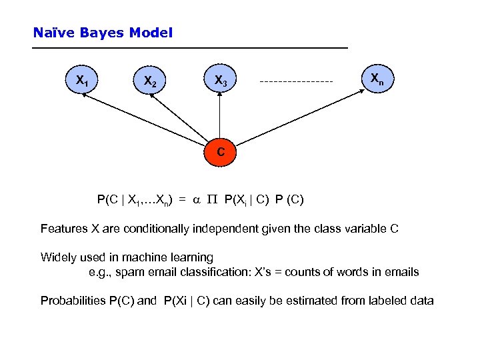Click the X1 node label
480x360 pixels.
pos(82,81)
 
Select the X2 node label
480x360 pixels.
pos(150,82)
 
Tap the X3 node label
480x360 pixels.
pos(220,81)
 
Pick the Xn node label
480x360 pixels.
pos(377,80)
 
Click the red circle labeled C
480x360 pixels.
pos(221,153)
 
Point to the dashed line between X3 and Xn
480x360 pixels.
pos(296,82)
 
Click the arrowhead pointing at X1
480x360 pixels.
pos(85,97)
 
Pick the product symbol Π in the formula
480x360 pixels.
pos(213,199)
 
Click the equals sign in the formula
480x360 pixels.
pos(181,199)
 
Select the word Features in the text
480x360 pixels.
pos(64,229)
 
